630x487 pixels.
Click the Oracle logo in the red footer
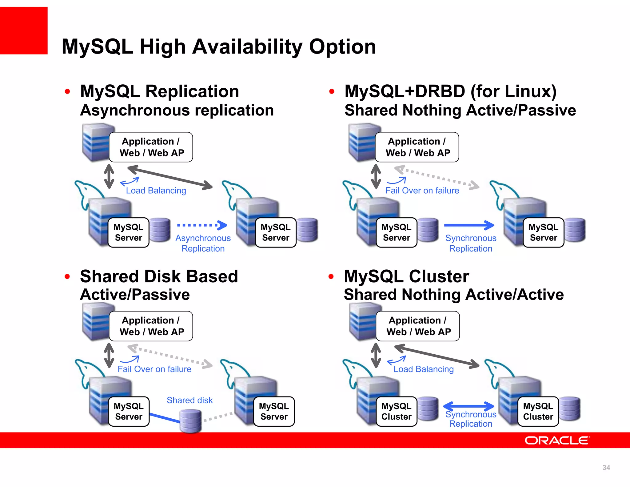[x=557, y=441]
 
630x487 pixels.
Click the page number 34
[x=606, y=468]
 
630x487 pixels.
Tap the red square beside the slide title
[x=24, y=31]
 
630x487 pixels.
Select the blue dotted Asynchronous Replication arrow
[x=202, y=225]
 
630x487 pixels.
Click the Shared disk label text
[x=189, y=400]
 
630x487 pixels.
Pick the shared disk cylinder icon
[x=190, y=421]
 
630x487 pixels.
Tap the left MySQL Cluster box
[x=396, y=412]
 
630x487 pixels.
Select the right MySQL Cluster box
[x=538, y=412]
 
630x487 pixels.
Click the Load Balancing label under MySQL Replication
[x=156, y=191]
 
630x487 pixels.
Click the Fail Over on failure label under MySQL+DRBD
[x=422, y=191]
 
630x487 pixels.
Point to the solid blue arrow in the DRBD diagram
[x=469, y=225]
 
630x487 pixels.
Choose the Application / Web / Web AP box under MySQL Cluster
[x=417, y=326]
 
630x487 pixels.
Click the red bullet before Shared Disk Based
[x=67, y=276]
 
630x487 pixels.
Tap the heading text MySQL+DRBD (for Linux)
[x=450, y=91]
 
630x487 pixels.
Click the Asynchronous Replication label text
[x=203, y=243]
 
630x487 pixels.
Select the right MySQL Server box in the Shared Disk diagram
[x=274, y=412]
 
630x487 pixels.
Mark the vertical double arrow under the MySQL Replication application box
[x=109, y=176]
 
